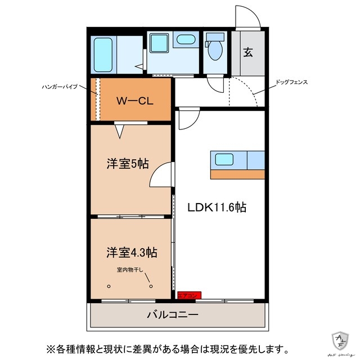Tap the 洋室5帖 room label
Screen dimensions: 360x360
coord(128,164)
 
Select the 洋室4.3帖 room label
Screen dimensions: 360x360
coord(130,252)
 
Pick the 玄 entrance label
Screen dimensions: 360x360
coord(247,53)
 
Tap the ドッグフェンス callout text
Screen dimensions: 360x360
coord(291,82)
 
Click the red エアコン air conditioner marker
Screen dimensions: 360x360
coord(188,295)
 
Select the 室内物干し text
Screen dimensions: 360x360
coord(130,270)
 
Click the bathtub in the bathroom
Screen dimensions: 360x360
coord(103,53)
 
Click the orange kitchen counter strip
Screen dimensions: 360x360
coord(238,174)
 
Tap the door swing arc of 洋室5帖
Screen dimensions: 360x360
coord(162,174)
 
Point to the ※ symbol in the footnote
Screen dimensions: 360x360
coord(49,348)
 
